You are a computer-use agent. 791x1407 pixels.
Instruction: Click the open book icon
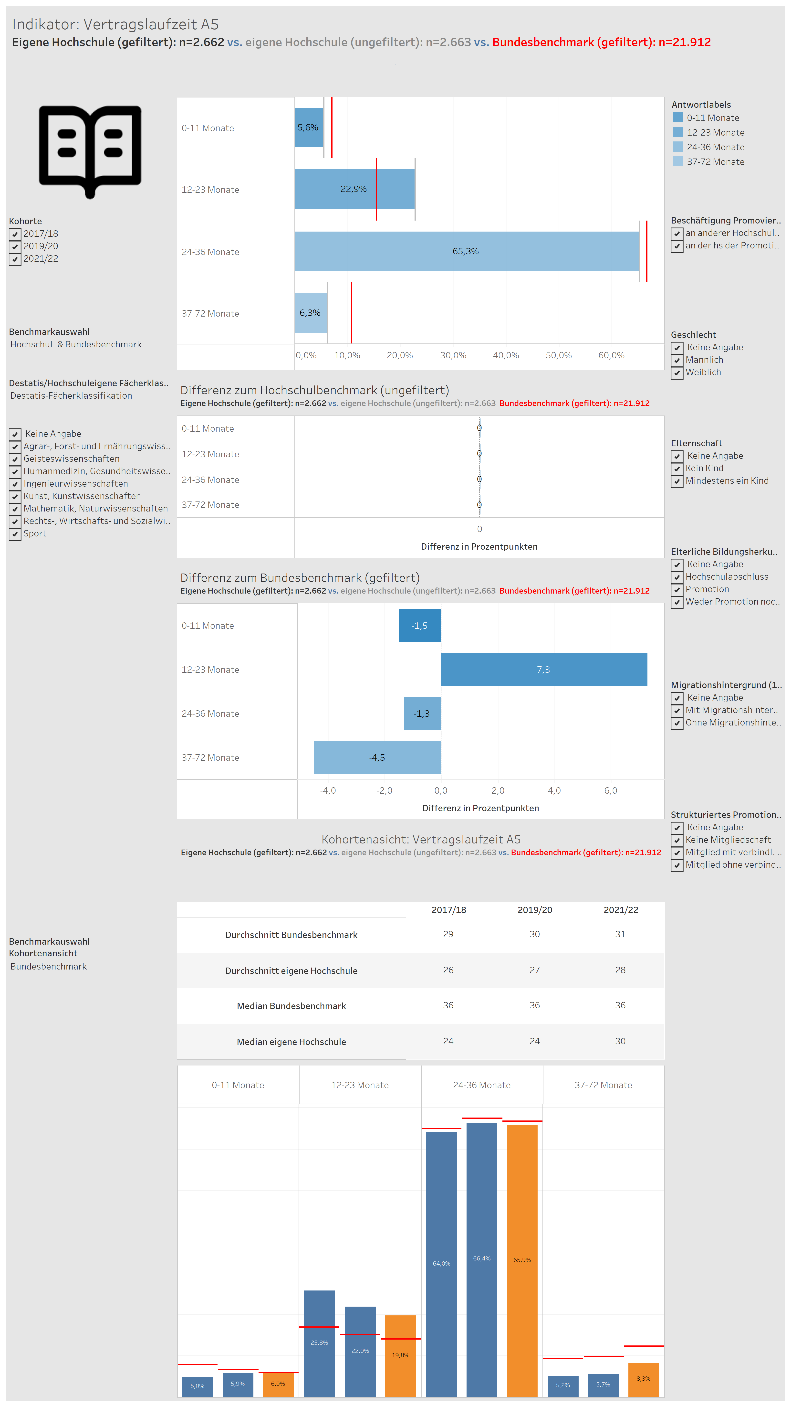point(90,150)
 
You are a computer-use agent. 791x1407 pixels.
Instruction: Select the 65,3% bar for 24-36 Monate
point(467,251)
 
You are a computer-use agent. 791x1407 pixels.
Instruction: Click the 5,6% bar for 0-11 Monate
point(309,127)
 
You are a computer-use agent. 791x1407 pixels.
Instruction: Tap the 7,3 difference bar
point(544,670)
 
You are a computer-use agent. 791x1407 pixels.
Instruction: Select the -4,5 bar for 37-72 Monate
point(377,757)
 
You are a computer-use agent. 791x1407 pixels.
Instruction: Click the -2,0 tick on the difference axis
point(384,791)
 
